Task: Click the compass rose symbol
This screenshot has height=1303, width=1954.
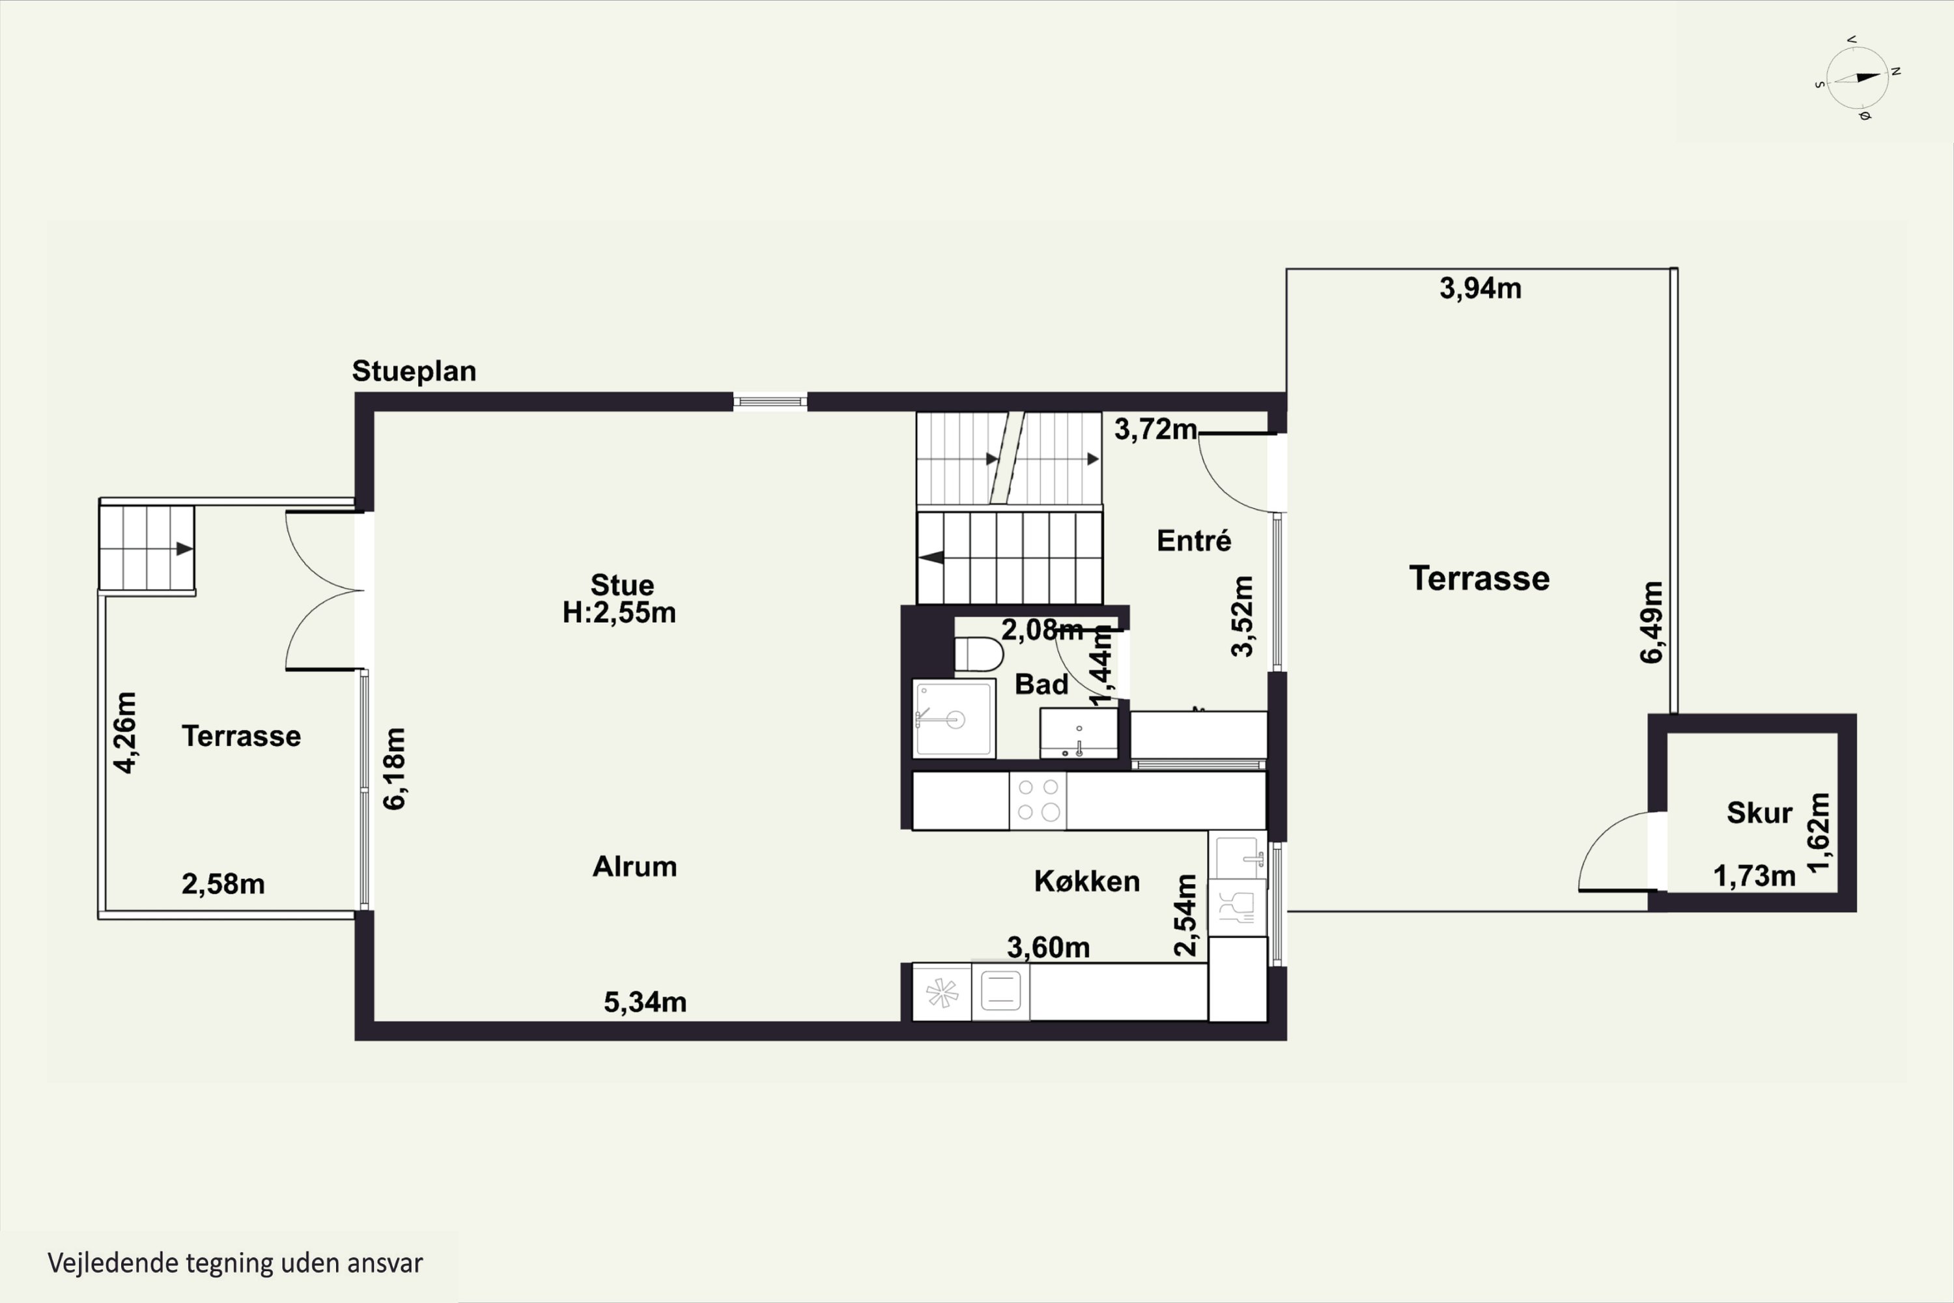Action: [1858, 79]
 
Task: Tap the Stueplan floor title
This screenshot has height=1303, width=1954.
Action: [414, 371]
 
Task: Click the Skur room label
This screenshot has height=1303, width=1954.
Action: [1759, 812]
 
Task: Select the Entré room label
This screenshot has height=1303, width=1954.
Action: [1193, 541]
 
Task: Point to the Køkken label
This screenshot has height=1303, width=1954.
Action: [1086, 881]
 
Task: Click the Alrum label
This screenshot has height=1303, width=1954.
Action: [634, 866]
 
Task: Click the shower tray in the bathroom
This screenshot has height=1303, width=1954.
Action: [954, 719]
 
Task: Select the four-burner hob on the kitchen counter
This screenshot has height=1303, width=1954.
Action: [1038, 799]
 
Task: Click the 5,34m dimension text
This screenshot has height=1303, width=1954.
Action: [645, 1002]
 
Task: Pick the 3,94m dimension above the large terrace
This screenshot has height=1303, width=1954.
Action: [1480, 289]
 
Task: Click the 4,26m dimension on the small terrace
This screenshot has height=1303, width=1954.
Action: [124, 732]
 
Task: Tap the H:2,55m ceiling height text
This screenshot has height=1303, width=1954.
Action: [619, 613]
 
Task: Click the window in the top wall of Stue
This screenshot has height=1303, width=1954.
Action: [769, 402]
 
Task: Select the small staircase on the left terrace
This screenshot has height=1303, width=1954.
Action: [147, 548]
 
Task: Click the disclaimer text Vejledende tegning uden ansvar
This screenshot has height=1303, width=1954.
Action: [235, 1263]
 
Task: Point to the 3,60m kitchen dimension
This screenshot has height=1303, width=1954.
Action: [1047, 947]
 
